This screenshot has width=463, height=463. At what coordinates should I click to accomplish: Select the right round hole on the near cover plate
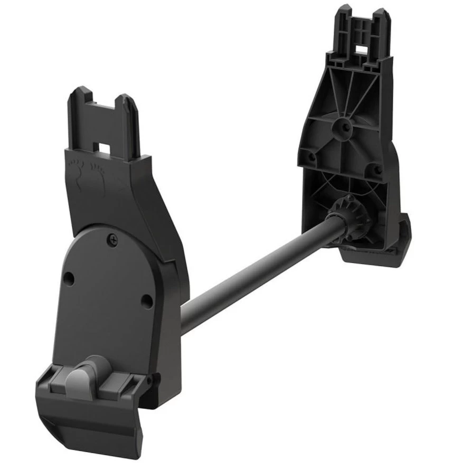tap(147, 301)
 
